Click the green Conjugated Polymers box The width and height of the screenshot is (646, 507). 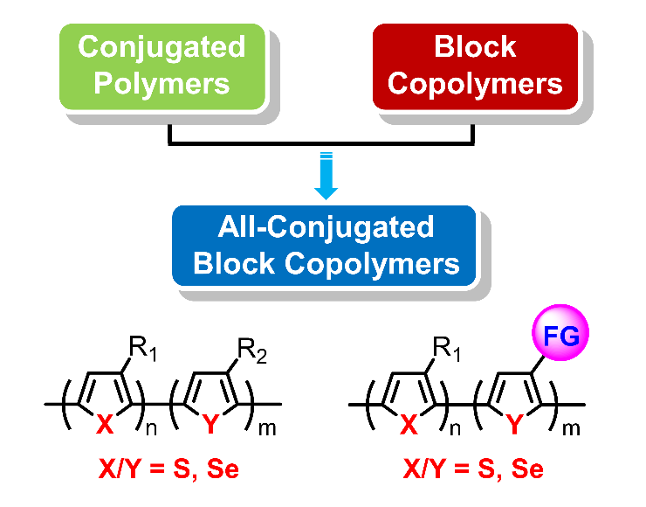point(162,66)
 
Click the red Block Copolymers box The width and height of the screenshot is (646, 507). point(476,66)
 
